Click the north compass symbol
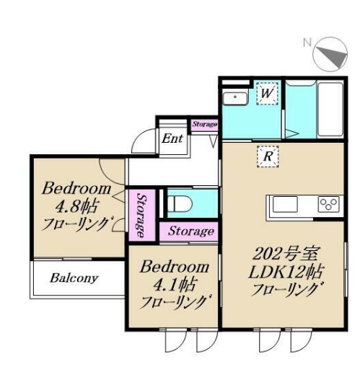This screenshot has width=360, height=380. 330,54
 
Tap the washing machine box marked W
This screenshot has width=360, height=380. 267,94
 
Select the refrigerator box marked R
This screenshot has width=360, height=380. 268,156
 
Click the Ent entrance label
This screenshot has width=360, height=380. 172,138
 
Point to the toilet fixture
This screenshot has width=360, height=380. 180,203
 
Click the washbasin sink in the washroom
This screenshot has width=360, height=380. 235,98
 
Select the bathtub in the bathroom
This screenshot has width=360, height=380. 330,110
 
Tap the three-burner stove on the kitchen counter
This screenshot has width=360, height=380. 329,204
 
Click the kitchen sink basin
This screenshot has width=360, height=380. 285,204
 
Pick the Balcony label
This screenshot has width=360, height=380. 74,278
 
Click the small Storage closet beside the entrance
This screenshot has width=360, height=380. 204,125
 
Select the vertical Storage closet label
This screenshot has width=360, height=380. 141,215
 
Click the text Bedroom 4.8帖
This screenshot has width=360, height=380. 76,198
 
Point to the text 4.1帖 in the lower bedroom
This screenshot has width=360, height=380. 174,284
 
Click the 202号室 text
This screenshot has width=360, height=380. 285,254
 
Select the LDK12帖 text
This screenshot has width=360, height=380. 286,272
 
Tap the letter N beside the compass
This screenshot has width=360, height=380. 307,43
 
